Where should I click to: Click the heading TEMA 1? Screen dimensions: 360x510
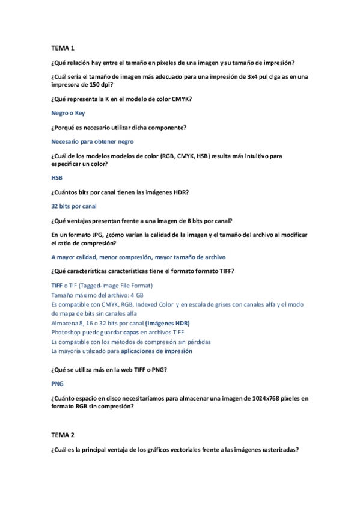tap(63, 48)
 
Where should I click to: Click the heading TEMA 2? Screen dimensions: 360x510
tap(63, 434)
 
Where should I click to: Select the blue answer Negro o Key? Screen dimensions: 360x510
tap(69, 112)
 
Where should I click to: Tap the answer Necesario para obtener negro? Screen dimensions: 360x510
tap(93, 141)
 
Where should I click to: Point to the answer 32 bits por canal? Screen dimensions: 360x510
tap(74, 206)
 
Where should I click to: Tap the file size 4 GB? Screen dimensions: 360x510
tap(136, 295)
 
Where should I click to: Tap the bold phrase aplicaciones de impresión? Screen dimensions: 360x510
tap(156, 351)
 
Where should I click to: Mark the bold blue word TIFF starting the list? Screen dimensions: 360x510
tap(57, 286)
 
